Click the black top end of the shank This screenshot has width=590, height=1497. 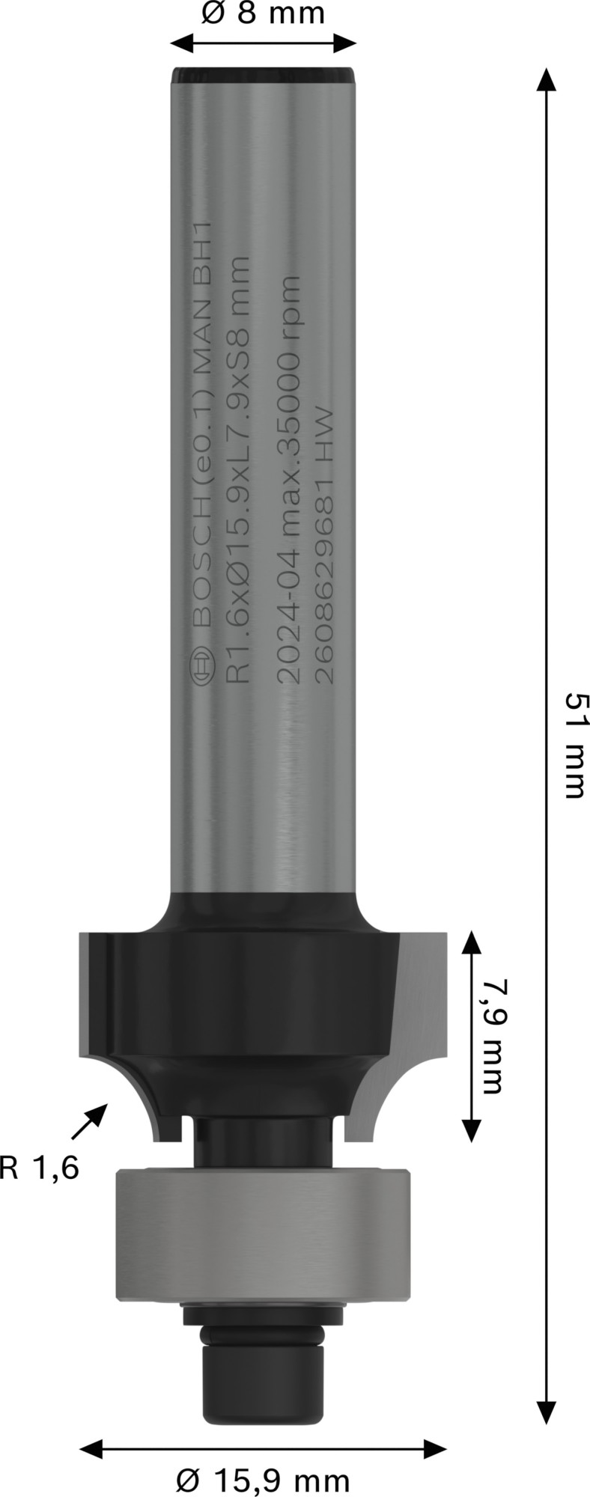tap(263, 75)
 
